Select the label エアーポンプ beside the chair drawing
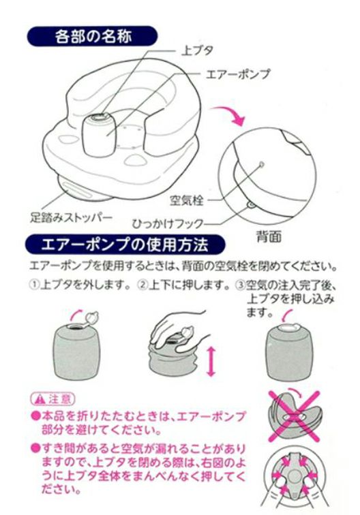point(238,74)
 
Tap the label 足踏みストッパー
point(72,217)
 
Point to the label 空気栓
point(186,200)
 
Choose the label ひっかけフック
point(168,223)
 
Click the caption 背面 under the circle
point(269,236)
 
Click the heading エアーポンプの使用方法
point(125,245)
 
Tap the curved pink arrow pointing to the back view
point(229,114)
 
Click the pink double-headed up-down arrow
point(211,362)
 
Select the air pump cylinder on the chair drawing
point(99,134)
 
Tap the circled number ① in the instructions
point(34,285)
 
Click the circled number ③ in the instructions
point(240,285)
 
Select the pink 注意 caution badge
point(53,399)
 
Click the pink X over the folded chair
point(295,416)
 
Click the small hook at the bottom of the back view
point(251,206)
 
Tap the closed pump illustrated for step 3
point(288,352)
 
